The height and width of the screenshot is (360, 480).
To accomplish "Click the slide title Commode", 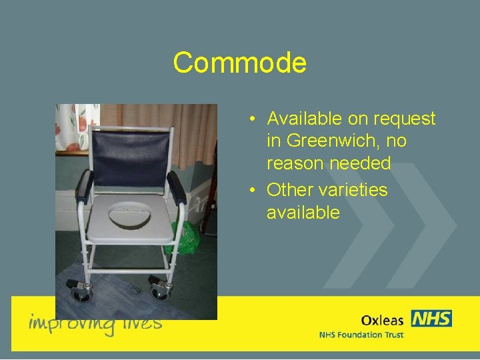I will (x=239, y=63).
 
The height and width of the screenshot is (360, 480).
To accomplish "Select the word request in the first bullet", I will (x=403, y=119).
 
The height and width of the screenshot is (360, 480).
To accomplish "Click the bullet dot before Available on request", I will (x=253, y=120).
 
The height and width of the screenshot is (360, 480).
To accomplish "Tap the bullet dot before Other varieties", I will (x=253, y=191).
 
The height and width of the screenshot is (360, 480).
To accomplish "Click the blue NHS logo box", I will (x=431, y=318).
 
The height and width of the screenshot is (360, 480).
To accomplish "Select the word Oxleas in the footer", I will (x=383, y=319).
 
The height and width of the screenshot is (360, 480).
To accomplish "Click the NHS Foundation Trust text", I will (x=361, y=335).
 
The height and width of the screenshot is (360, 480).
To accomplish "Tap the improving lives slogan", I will (x=95, y=323).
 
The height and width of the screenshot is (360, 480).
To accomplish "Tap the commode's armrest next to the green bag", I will (x=176, y=186).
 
